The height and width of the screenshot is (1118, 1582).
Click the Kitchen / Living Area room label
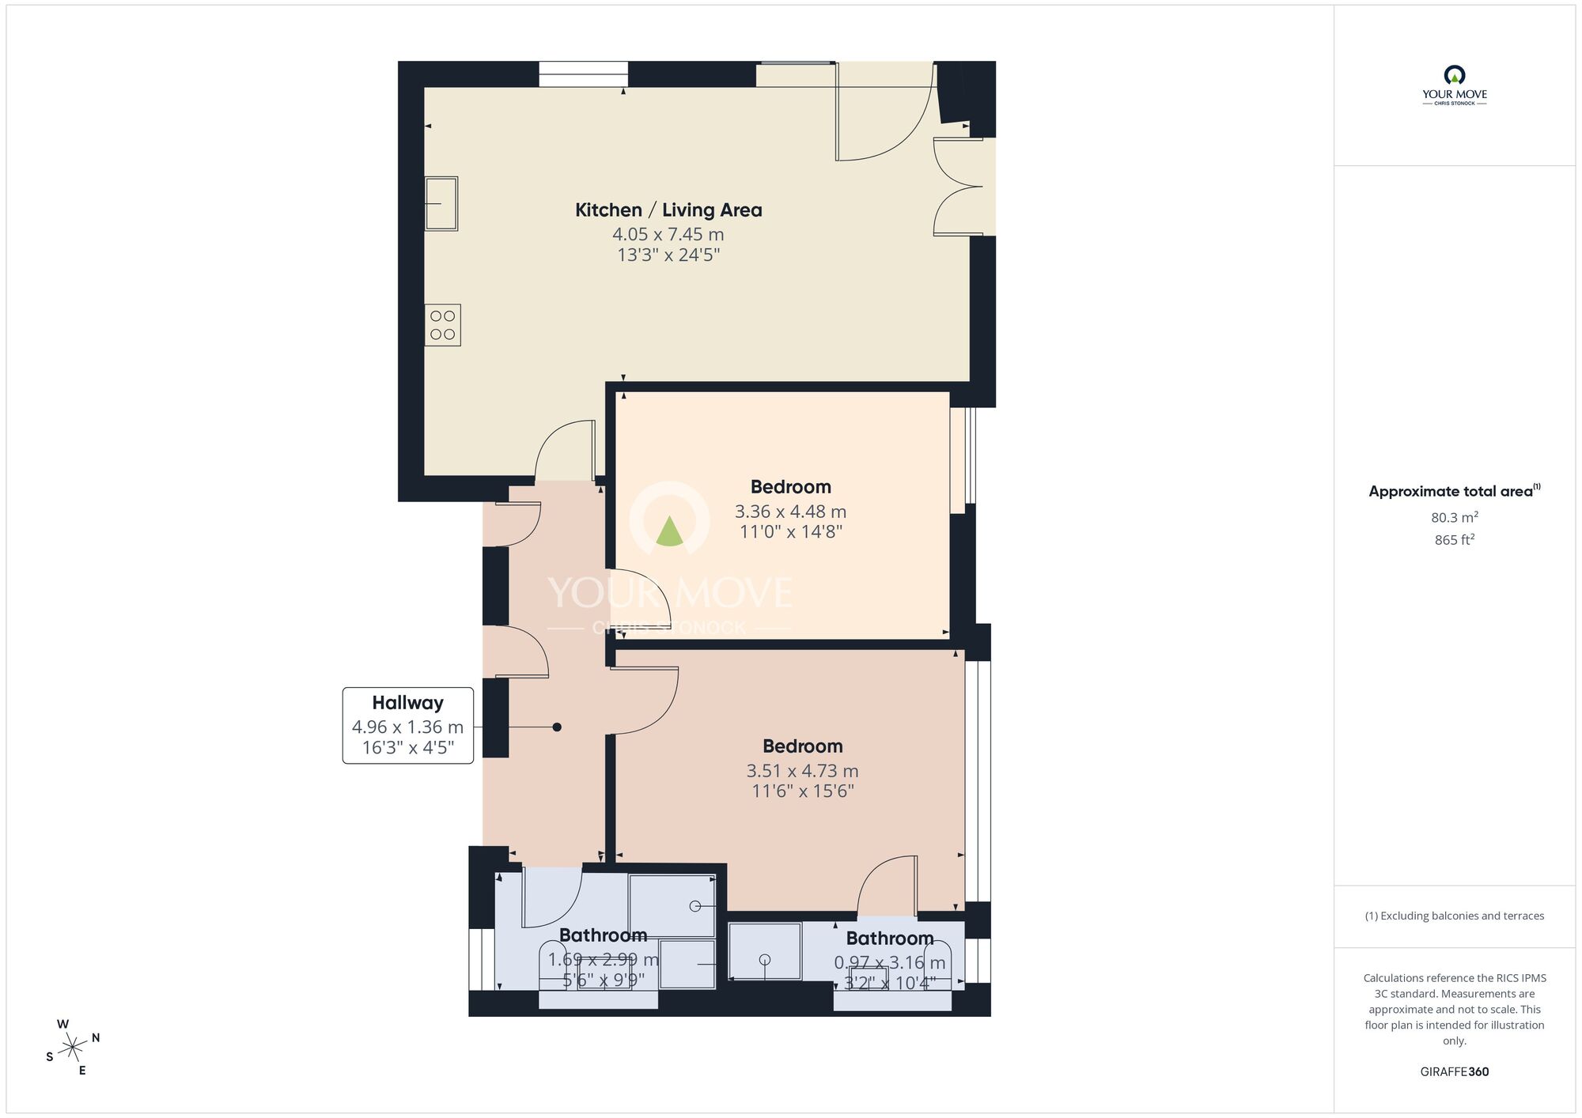coord(668,210)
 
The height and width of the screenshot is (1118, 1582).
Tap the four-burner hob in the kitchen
coord(443,325)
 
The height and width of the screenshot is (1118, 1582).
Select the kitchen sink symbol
coord(441,203)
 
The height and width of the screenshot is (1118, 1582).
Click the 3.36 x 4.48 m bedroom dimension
coord(790,512)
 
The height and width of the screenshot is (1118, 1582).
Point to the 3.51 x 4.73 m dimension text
coord(802,771)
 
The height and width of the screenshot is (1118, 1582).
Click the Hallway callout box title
coord(407,702)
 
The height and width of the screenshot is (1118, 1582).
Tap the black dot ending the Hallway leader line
coord(557,727)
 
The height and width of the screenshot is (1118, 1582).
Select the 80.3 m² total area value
coord(1454,518)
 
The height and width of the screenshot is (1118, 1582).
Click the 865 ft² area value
coord(1454,540)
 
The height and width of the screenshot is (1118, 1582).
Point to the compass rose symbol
coord(74,1048)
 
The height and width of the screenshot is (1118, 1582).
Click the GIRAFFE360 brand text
coord(1454,1072)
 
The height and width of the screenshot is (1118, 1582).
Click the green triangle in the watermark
coord(669,531)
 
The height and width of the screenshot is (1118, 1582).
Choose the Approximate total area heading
coord(1454,491)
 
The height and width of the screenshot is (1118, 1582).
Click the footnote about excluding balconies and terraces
coord(1454,916)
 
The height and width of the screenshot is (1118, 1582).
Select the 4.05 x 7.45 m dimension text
coord(668,235)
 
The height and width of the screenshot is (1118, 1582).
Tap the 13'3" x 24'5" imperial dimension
coord(668,255)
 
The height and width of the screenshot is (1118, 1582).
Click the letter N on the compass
coord(96,1038)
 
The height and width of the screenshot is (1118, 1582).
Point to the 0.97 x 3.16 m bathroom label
coord(889,963)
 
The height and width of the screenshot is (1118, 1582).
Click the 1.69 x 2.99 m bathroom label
coord(603,960)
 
